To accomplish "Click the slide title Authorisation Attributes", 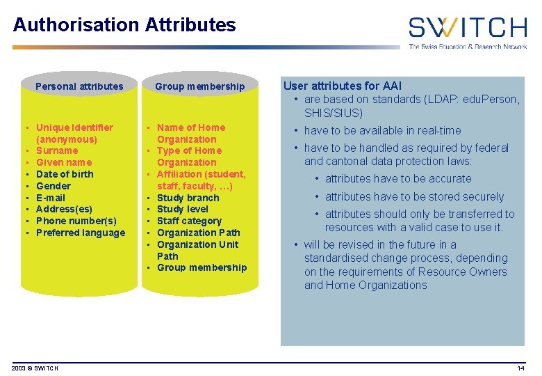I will point(124,25).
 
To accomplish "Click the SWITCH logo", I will point(467,31).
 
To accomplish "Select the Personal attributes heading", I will point(79,86).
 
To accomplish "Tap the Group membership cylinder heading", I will point(200,86).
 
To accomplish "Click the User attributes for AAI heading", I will point(342,86).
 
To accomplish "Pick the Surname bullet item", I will point(57,150).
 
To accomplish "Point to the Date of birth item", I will point(65,174).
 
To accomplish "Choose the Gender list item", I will point(54,186).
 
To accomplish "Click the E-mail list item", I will point(51,198).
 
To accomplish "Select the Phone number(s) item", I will point(76,221).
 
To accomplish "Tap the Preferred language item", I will point(81,233).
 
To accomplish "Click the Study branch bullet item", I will point(188,198).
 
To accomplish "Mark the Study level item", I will point(183,209).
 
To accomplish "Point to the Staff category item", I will point(189,221).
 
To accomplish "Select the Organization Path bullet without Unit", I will point(199,233).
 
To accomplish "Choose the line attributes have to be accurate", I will point(398,179).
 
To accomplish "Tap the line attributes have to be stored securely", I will point(414,196).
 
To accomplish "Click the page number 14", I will point(520,368).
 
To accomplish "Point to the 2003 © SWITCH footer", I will point(35,368).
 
